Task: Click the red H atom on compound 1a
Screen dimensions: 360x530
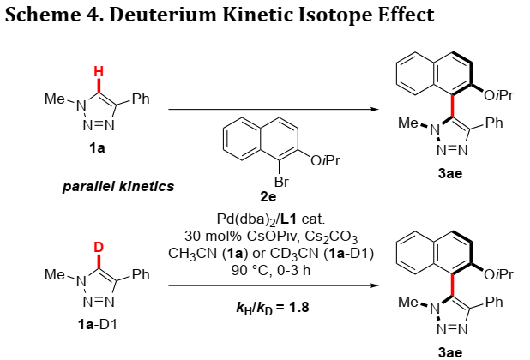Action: pyautogui.click(x=99, y=72)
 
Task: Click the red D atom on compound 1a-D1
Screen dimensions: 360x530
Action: pyautogui.click(x=99, y=247)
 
